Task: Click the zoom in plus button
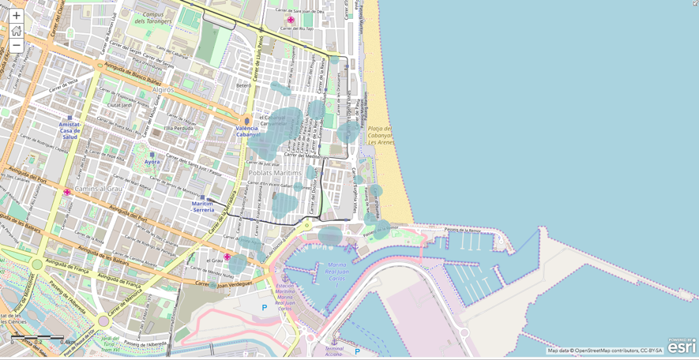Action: [x=16, y=16]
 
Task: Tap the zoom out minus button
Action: [x=16, y=46]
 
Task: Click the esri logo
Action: [x=682, y=347]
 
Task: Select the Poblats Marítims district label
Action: [x=275, y=173]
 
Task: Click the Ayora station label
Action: [x=152, y=162]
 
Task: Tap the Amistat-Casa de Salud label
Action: [x=70, y=130]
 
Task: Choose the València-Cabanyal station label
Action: [x=247, y=131]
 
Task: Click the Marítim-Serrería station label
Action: [x=203, y=207]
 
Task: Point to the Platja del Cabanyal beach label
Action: [x=381, y=135]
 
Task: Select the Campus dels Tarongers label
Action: [x=153, y=18]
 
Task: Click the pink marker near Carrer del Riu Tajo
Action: [x=291, y=21]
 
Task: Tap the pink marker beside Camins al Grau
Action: [x=67, y=192]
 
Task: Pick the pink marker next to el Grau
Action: [x=227, y=257]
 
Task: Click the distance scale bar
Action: [x=37, y=338]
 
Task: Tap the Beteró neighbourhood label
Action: [x=244, y=85]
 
